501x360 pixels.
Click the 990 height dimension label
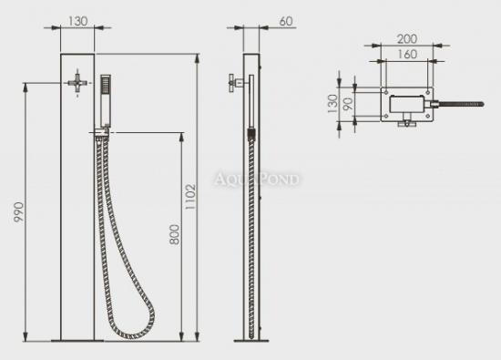click(18, 212)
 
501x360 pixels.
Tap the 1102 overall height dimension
click(190, 196)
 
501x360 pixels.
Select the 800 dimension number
click(175, 234)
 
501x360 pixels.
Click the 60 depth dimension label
click(286, 21)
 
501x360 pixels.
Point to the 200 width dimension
click(407, 39)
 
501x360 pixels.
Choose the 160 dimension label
click(407, 54)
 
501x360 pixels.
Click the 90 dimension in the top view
click(348, 104)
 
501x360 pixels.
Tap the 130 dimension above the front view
click(77, 21)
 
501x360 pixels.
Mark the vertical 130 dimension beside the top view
click(332, 103)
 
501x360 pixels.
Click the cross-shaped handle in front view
click(77, 83)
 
